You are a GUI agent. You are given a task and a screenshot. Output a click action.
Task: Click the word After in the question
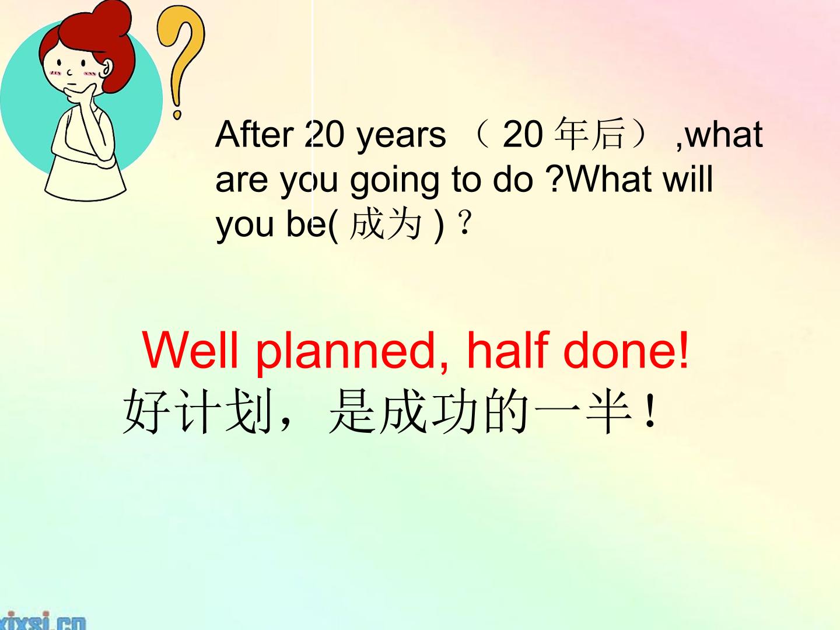(254, 134)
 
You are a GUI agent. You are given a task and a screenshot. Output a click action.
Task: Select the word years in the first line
(401, 135)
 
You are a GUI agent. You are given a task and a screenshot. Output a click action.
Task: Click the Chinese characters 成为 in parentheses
(385, 225)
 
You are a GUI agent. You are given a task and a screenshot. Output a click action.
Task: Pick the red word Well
(190, 350)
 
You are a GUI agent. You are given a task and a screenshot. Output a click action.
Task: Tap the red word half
(508, 350)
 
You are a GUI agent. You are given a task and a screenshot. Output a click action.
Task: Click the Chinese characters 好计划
(198, 412)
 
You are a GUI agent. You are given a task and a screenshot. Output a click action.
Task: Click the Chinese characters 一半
(583, 412)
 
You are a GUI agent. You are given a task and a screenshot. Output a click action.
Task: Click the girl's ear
(107, 70)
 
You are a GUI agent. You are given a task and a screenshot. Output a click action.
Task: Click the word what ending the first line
(724, 134)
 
